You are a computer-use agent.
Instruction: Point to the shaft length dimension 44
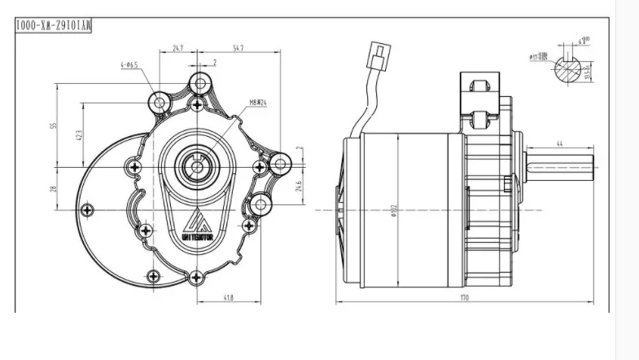click(x=560, y=144)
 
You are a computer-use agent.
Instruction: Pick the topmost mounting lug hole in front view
click(x=199, y=83)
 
